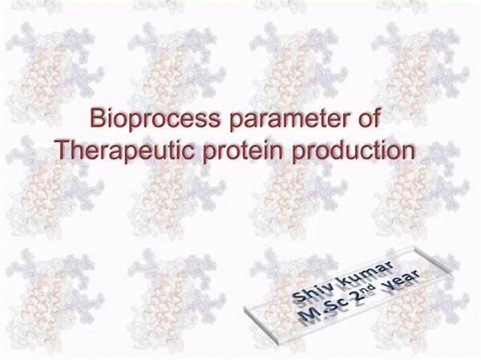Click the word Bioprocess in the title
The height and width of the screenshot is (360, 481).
(x=155, y=119)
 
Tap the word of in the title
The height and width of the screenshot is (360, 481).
(x=370, y=117)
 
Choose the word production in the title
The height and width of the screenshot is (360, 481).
(x=353, y=152)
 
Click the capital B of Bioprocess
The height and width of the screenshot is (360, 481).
(x=97, y=118)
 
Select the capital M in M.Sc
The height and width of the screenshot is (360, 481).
(x=309, y=314)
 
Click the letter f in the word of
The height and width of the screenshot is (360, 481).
(x=377, y=117)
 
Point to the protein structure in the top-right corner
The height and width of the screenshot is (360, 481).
(x=421, y=70)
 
